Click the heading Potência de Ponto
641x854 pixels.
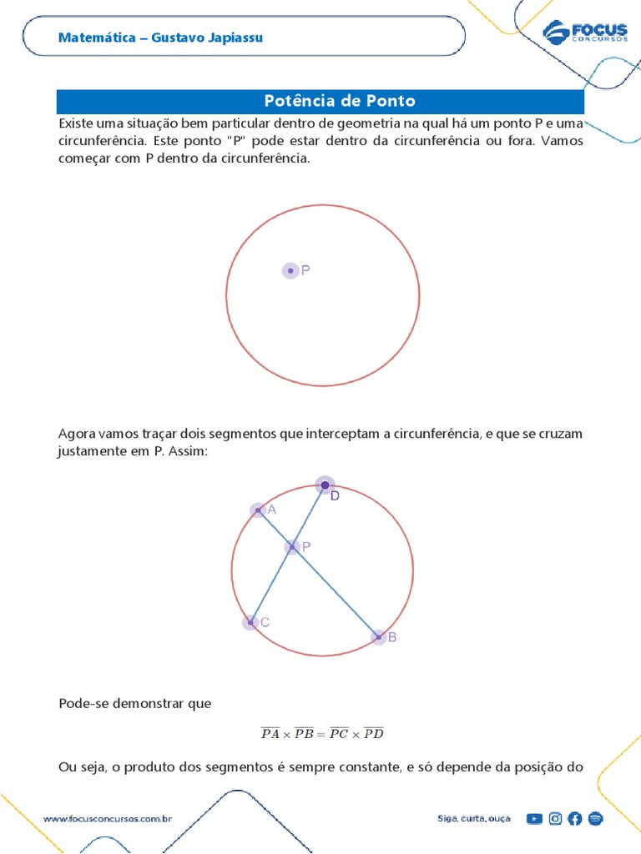click(x=339, y=102)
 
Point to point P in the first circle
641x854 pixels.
click(x=290, y=270)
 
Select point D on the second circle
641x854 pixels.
click(x=325, y=485)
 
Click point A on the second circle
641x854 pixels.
click(x=257, y=510)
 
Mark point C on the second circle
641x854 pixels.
click(x=250, y=622)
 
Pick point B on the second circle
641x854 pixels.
click(x=378, y=637)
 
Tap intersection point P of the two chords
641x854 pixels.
click(x=292, y=547)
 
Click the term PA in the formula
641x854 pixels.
click(x=270, y=734)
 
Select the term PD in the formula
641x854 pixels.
click(x=373, y=734)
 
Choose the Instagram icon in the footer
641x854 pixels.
click(x=555, y=819)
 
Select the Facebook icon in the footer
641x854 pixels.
click(x=575, y=819)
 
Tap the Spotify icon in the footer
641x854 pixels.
click(x=595, y=819)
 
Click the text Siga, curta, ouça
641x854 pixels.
click(x=473, y=819)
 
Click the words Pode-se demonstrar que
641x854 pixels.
click(x=135, y=704)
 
